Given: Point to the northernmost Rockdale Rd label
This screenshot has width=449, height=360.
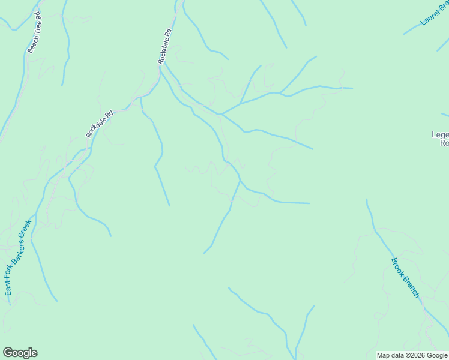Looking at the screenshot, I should pos(165,46).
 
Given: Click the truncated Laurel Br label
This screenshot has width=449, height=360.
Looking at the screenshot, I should pos(434,13).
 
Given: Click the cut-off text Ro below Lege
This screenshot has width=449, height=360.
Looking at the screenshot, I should pos(444,143).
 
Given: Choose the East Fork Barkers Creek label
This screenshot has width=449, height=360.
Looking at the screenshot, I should pos(17,258).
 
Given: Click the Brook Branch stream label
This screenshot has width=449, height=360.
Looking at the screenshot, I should pos(405,277).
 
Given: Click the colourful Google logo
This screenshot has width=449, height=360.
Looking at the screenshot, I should pos(20,353).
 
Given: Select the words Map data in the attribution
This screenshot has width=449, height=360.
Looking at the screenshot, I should pos(390,356).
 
